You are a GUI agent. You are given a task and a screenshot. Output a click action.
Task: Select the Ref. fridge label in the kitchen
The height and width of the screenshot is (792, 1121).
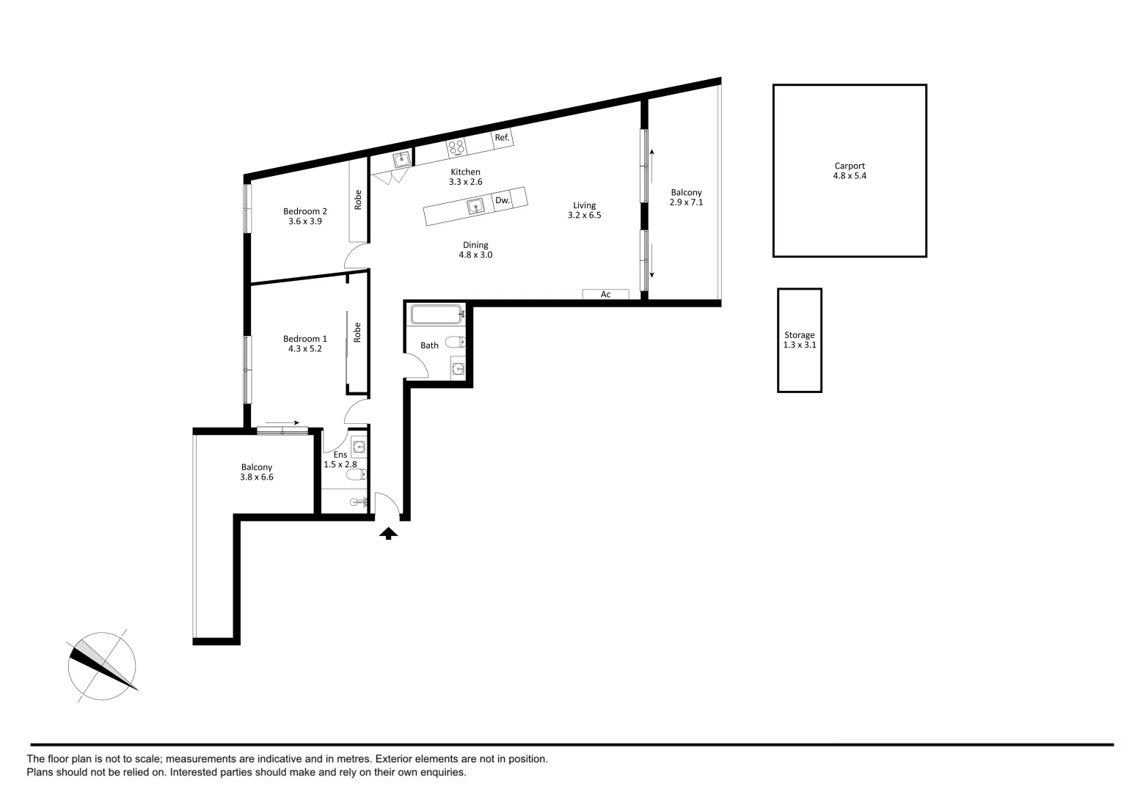[502, 138]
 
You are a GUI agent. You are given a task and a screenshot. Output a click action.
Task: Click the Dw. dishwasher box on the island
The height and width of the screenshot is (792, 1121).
[503, 200]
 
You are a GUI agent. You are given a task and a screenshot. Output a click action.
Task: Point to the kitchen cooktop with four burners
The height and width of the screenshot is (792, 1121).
[456, 147]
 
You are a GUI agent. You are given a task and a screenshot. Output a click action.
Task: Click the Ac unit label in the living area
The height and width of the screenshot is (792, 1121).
[606, 295]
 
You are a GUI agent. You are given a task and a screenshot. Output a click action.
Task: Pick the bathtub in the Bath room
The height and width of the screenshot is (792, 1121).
[437, 315]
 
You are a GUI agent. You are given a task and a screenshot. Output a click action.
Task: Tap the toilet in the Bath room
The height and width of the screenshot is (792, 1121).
[456, 342]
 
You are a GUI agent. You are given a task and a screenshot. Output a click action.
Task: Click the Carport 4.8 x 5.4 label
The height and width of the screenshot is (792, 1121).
[850, 171]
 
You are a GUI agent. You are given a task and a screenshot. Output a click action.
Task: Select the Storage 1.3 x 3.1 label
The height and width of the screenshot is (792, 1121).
[800, 340]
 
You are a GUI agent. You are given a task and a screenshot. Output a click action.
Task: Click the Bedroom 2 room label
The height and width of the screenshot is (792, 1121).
[305, 216]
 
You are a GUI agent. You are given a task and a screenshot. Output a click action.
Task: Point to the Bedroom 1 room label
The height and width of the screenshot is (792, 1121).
[305, 344]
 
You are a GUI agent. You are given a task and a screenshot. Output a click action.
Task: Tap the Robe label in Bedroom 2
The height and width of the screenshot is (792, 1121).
[358, 200]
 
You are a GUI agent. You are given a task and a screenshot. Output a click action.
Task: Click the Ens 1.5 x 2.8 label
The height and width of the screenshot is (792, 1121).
[340, 459]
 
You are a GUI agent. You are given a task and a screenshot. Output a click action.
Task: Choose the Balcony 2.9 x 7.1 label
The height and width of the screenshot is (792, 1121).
[686, 197]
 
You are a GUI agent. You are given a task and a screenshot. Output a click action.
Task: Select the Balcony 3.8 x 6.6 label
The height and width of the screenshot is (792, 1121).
[257, 472]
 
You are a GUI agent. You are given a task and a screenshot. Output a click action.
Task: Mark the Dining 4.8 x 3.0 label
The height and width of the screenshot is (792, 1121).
[475, 250]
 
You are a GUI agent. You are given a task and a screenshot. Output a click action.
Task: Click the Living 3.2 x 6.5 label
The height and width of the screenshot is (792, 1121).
[584, 210]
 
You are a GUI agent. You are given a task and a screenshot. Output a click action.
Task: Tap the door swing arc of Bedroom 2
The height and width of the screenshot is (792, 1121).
[356, 256]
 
